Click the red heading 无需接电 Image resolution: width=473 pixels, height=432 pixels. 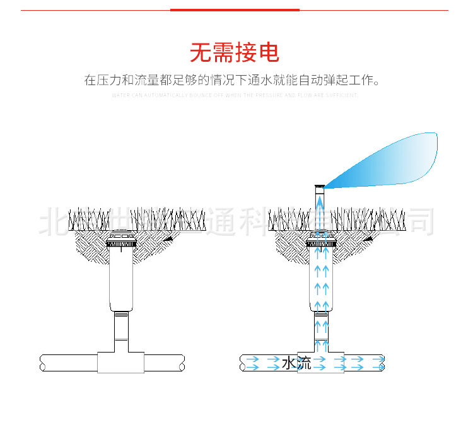(x=235, y=52)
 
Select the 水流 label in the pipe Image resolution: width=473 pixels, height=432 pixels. (x=296, y=363)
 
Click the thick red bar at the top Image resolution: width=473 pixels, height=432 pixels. (x=235, y=10)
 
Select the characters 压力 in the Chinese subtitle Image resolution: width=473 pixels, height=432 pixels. (x=114, y=81)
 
